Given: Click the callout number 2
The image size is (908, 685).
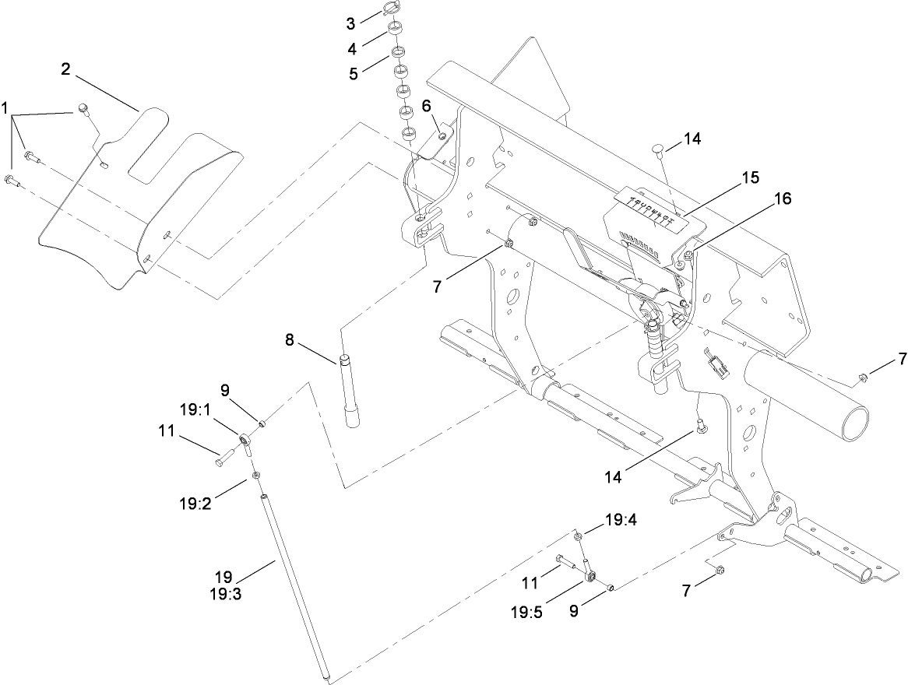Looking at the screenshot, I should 66,69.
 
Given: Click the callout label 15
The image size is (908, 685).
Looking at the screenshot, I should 749,177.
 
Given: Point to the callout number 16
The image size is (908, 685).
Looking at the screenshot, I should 783,199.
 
